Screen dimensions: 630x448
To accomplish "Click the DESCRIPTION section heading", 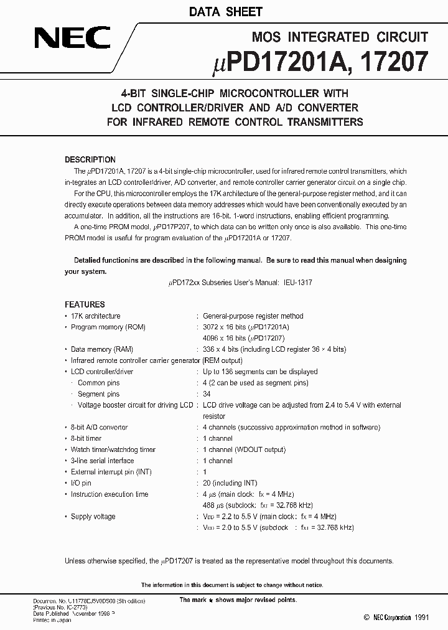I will [x=90, y=159].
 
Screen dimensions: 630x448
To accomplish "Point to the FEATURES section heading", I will [x=85, y=304].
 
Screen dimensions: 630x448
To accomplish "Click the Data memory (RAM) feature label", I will [x=102, y=349].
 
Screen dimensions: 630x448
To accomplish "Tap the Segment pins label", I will [x=98, y=394].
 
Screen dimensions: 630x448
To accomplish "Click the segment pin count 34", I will [x=207, y=394].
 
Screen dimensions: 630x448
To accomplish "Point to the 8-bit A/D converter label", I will [x=99, y=427].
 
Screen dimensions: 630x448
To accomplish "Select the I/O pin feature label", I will [x=81, y=482].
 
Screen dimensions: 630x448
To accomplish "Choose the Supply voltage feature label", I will [x=93, y=516].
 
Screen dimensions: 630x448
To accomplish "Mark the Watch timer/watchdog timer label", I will [x=113, y=449].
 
